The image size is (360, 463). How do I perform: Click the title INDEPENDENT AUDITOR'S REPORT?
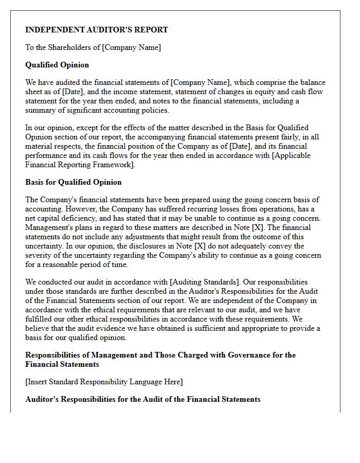pos(97,30)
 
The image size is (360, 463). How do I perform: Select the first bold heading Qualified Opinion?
pos(57,65)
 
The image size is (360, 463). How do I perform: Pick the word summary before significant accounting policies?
pos(40,110)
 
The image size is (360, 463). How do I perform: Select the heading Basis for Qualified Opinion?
pos(74,182)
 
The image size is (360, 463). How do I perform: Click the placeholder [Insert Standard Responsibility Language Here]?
pos(104,382)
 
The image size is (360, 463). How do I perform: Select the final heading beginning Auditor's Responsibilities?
pos(143,399)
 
